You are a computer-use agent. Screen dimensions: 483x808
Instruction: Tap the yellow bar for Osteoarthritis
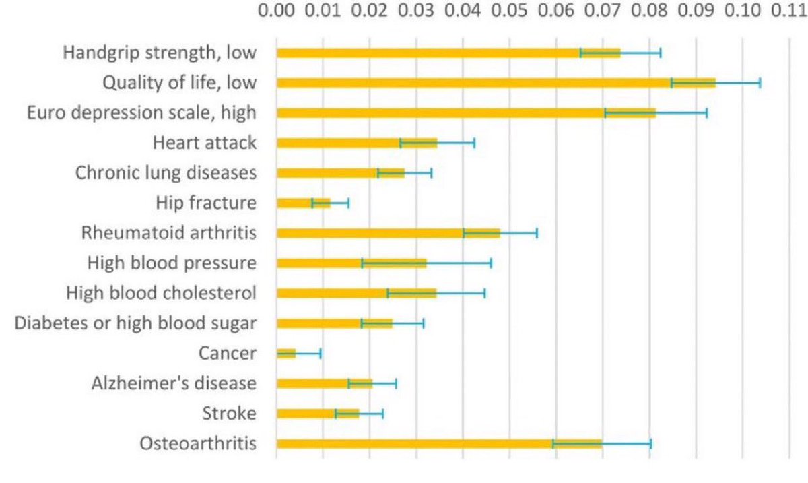tap(438, 443)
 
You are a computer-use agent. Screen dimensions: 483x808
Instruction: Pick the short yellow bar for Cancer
tap(286, 353)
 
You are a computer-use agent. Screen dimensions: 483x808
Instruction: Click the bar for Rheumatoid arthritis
tap(388, 233)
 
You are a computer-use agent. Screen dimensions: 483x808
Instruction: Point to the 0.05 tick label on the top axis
tap(509, 12)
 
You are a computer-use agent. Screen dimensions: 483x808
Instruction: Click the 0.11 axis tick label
tap(788, 12)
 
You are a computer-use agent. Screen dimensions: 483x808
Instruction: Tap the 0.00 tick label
tap(277, 12)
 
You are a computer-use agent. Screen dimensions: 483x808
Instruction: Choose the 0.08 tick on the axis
tap(649, 12)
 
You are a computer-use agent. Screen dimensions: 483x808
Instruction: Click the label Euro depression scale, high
tap(141, 112)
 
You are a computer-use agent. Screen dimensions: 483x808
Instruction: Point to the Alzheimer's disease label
tap(174, 383)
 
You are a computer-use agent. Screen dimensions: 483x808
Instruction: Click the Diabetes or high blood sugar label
tap(135, 323)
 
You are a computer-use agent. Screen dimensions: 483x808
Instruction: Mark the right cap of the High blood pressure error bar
tap(491, 263)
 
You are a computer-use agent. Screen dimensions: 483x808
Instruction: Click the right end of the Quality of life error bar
tap(760, 83)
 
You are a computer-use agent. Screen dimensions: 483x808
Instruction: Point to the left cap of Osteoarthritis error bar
tap(553, 443)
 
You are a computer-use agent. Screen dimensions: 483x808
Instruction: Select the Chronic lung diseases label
tap(166, 173)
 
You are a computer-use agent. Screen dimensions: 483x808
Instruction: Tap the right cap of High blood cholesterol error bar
tap(485, 293)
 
